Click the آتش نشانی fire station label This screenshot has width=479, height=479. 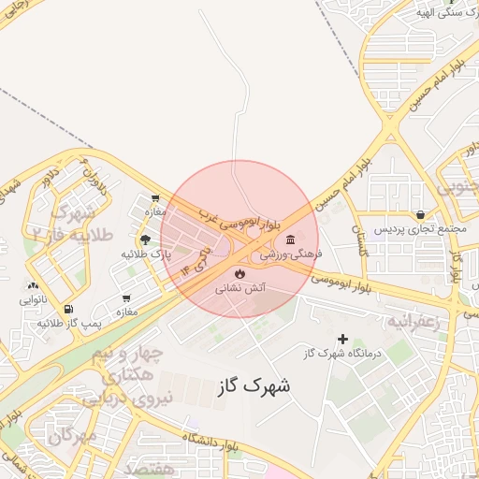coord(241,289)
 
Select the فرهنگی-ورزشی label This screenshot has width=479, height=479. coord(290,254)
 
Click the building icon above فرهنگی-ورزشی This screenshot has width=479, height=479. coord(290,239)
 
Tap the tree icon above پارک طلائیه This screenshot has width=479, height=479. coord(144,239)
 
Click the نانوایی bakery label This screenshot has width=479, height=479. coord(35,300)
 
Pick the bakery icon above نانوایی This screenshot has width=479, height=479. coord(35,286)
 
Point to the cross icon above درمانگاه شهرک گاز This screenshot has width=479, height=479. coord(342,338)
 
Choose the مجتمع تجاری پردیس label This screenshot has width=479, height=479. coord(420,228)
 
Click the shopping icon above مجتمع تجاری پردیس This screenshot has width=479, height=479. coord(420,214)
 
